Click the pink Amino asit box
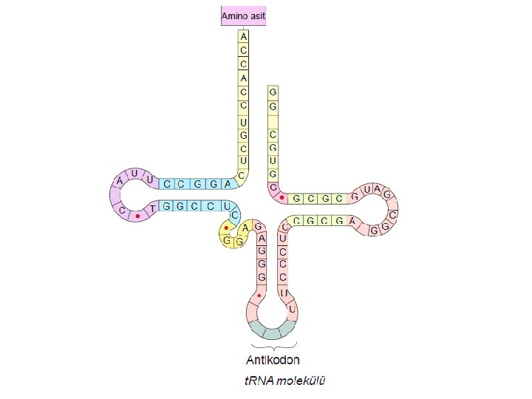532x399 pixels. click(x=243, y=16)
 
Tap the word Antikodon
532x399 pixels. click(x=273, y=361)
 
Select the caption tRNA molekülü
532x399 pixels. click(x=284, y=382)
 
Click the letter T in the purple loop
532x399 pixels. click(x=153, y=210)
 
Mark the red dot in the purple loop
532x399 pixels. click(x=137, y=216)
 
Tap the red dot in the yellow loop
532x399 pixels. click(x=226, y=228)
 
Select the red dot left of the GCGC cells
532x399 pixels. click(x=282, y=197)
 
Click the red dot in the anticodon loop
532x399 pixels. click(x=259, y=295)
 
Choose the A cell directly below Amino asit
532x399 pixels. click(x=244, y=35)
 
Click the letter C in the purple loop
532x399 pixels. click(x=120, y=210)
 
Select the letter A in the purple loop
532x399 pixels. click(x=119, y=180)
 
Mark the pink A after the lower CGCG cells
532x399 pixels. click(x=352, y=221)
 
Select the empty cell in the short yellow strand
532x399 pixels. click(x=273, y=121)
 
